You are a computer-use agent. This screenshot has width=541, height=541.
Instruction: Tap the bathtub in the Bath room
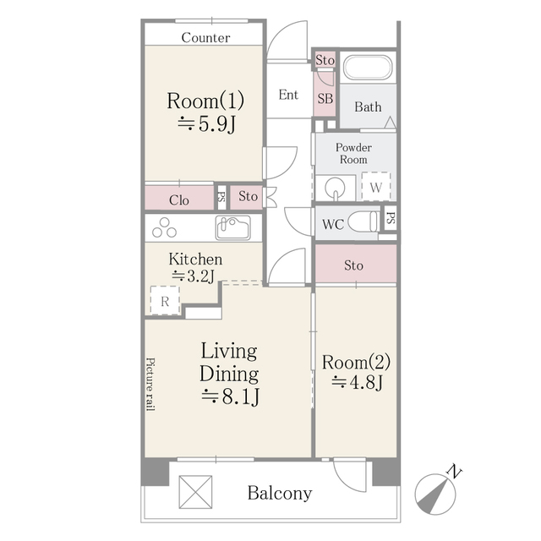pyautogui.click(x=369, y=68)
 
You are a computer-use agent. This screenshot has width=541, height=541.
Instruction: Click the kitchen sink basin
pyautogui.click(x=233, y=227)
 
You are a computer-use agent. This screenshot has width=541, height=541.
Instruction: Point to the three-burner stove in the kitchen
pyautogui.click(x=165, y=227)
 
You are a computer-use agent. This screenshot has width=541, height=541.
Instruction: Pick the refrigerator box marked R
pyautogui.click(x=165, y=301)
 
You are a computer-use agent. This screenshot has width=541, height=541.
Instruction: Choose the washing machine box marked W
pyautogui.click(x=376, y=186)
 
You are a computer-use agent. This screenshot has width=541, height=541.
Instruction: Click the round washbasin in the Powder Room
pyautogui.click(x=335, y=188)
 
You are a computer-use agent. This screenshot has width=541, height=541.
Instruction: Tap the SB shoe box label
pyautogui.click(x=325, y=99)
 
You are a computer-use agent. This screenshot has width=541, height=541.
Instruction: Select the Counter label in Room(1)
pyautogui.click(x=205, y=37)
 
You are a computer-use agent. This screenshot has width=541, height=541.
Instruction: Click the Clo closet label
pyautogui.click(x=179, y=200)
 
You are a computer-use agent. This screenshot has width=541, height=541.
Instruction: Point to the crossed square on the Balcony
pyautogui.click(x=195, y=492)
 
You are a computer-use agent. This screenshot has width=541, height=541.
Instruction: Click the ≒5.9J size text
pyautogui.click(x=206, y=124)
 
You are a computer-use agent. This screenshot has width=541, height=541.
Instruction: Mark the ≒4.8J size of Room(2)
pyautogui.click(x=357, y=382)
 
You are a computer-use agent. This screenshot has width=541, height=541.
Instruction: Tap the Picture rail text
pyautogui.click(x=150, y=384)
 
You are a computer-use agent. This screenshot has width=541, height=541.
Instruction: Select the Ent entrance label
pyautogui.click(x=288, y=95)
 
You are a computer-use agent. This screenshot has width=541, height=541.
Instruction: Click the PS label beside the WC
pyautogui.click(x=391, y=218)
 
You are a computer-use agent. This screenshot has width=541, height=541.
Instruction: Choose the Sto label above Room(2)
pyautogui.click(x=353, y=265)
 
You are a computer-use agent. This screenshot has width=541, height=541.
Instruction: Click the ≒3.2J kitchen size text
pyautogui.click(x=194, y=276)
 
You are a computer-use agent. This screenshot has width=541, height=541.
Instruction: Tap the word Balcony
pyautogui.click(x=280, y=493)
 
